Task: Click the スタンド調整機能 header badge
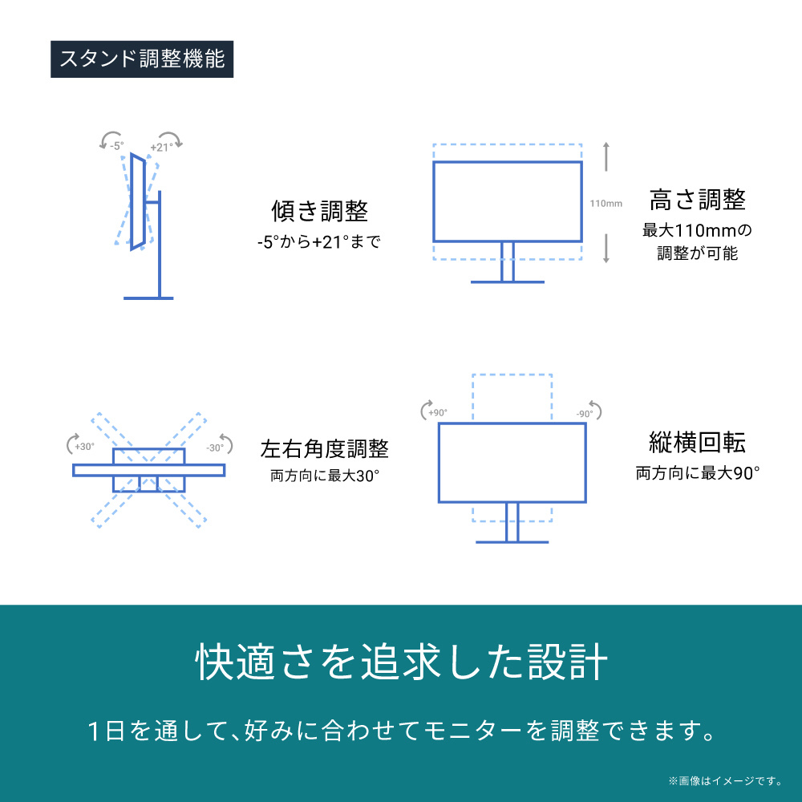tap(142, 60)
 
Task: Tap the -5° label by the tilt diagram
tap(117, 146)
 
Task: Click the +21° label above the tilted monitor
tap(161, 147)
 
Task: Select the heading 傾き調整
tap(320, 212)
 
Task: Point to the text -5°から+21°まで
tap(320, 241)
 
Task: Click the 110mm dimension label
tap(606, 203)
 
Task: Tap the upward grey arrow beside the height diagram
tap(606, 157)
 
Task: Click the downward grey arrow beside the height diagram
tap(606, 249)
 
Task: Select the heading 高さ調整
tap(697, 200)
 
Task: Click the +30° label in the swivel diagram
tap(84, 448)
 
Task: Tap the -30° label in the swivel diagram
tap(214, 448)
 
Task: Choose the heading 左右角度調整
tap(325, 448)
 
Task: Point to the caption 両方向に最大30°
tap(325, 475)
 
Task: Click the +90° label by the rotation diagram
tap(437, 413)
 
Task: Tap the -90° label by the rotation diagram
tap(584, 414)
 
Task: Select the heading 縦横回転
tap(697, 443)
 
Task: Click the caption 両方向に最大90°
tap(697, 472)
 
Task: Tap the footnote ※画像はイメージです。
tap(725, 780)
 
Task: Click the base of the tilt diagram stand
tap(148, 298)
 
